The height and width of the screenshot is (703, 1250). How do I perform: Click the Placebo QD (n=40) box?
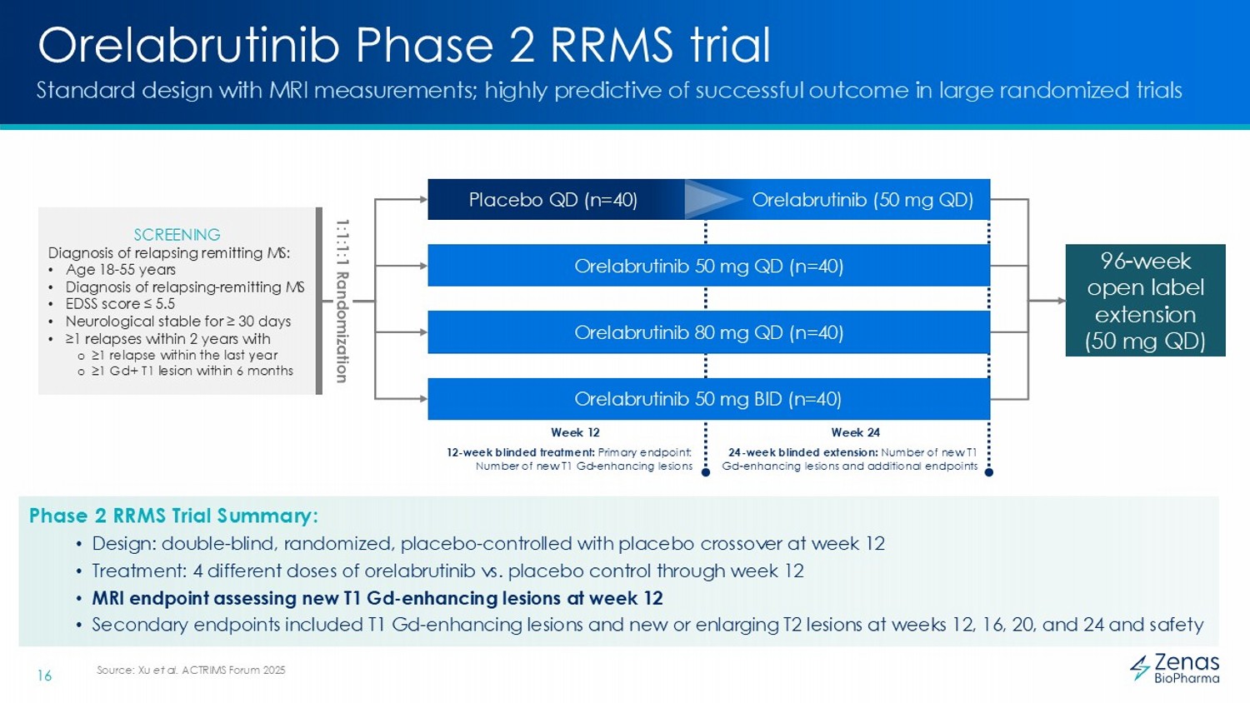pyautogui.click(x=552, y=200)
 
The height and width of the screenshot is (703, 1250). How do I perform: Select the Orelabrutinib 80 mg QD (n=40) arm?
pyautogui.click(x=708, y=332)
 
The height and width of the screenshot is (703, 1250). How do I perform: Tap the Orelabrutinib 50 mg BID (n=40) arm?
pyautogui.click(x=708, y=399)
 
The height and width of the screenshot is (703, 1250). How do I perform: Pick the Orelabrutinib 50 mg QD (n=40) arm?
pyautogui.click(x=708, y=266)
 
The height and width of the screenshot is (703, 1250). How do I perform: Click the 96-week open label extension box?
pyautogui.click(x=1145, y=301)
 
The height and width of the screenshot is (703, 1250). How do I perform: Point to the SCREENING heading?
pyautogui.click(x=177, y=235)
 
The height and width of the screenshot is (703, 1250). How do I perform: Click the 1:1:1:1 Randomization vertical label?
pyautogui.click(x=342, y=301)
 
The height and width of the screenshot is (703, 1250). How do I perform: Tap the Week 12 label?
pyautogui.click(x=575, y=432)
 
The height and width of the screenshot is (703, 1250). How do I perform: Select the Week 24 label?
pyautogui.click(x=855, y=432)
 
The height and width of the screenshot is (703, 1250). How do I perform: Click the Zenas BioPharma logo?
pyautogui.click(x=1175, y=668)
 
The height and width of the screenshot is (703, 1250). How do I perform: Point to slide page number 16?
pyautogui.click(x=44, y=676)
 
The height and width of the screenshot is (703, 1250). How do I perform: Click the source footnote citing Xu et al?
pyautogui.click(x=191, y=670)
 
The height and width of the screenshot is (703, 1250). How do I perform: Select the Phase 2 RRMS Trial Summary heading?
pyautogui.click(x=173, y=516)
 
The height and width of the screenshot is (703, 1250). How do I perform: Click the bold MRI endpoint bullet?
pyautogui.click(x=377, y=598)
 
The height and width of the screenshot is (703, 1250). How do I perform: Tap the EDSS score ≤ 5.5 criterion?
pyautogui.click(x=120, y=304)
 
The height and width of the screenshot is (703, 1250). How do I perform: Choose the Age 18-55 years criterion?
pyautogui.click(x=121, y=269)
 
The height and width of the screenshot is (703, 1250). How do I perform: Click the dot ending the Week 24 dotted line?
pyautogui.click(x=989, y=472)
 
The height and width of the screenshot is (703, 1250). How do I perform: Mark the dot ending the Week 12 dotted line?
pyautogui.click(x=706, y=472)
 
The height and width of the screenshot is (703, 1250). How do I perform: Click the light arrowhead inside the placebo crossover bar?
pyautogui.click(x=712, y=200)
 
